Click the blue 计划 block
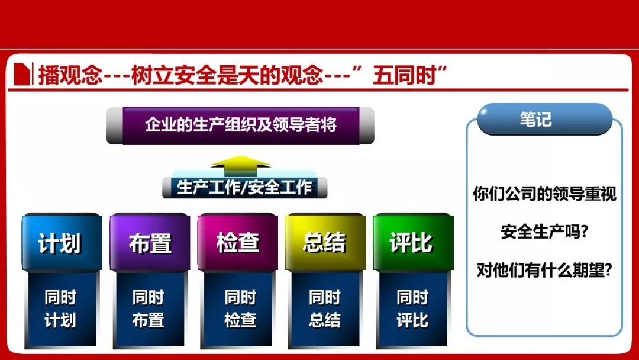point(62,242)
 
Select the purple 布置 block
point(150,242)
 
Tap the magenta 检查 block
point(238,242)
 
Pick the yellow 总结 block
point(325,242)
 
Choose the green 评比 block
point(413,242)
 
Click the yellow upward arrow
point(240,166)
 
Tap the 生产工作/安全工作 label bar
point(244,188)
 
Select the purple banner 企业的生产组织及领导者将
point(240,126)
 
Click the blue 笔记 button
point(544,119)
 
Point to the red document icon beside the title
point(22,74)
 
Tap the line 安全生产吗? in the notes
point(544,232)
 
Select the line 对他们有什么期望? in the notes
point(544,270)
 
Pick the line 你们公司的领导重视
point(544,194)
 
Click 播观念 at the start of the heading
point(70,76)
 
